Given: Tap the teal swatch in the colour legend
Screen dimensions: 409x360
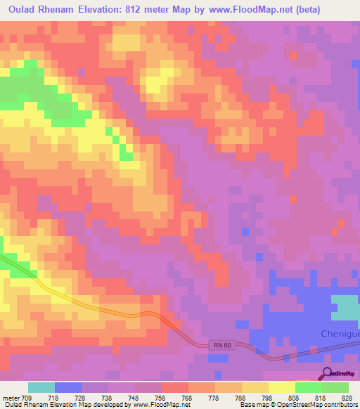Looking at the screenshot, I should [41, 387].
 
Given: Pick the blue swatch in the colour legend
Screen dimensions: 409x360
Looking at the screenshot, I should [68, 387].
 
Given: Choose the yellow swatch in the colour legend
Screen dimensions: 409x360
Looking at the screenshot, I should [281, 387].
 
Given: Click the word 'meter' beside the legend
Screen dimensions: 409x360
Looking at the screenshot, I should [11, 397].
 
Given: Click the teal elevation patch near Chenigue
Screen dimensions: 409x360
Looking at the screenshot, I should [345, 308].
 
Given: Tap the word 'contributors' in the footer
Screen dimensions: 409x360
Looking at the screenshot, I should [339, 405].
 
